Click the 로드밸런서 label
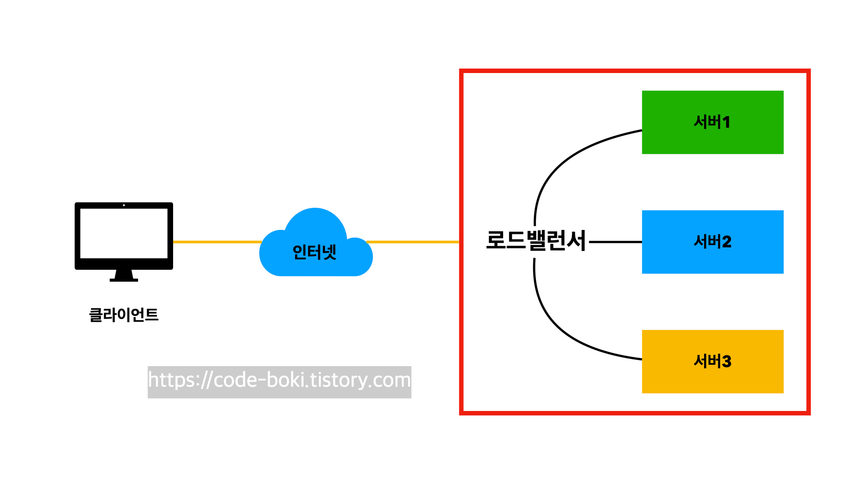536,241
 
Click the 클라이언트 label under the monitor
124,315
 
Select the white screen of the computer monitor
124,233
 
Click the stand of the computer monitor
124,275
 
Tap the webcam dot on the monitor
124,205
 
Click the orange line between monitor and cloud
215,242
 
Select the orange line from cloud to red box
413,242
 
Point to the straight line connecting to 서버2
615,242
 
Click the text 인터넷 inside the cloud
314,252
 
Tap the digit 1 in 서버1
726,122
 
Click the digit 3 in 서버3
726,362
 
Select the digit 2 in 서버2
726,242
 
